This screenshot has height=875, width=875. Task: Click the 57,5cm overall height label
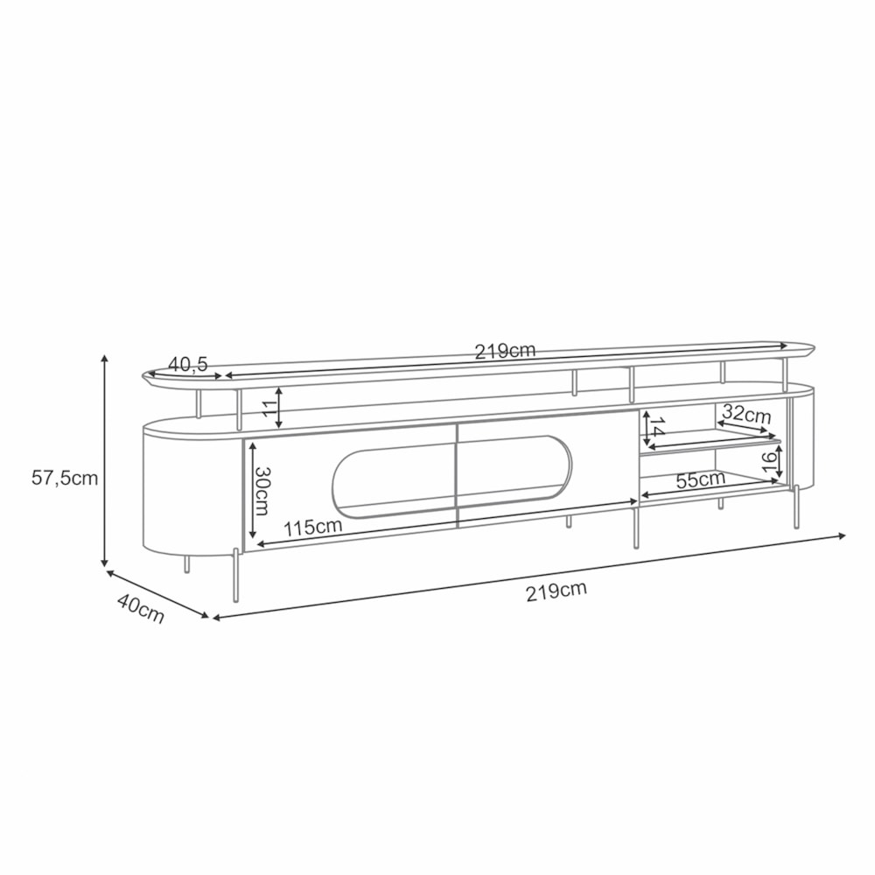(x=65, y=479)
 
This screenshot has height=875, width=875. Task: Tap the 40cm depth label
(x=141, y=608)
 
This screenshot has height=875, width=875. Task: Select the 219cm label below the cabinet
(x=556, y=591)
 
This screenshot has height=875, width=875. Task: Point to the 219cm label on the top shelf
(x=505, y=351)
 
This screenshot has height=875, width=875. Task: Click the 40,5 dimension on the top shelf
(x=188, y=364)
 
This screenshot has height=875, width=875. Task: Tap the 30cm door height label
(x=262, y=491)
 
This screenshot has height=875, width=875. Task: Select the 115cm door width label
(x=312, y=527)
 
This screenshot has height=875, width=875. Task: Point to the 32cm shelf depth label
(x=746, y=414)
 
